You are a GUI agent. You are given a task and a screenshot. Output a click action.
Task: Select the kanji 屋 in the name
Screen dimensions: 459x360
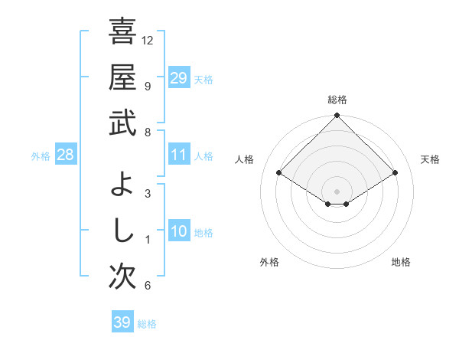pyautogui.click(x=122, y=77)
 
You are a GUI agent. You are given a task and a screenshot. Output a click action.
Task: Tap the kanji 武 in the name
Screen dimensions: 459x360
pyautogui.click(x=122, y=123)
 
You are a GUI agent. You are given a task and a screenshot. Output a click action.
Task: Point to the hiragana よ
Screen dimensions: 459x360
pyautogui.click(x=122, y=184)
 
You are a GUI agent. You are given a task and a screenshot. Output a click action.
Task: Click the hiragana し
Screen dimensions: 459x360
pyautogui.click(x=122, y=230)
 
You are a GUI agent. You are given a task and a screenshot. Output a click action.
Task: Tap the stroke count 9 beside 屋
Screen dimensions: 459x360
pyautogui.click(x=148, y=86)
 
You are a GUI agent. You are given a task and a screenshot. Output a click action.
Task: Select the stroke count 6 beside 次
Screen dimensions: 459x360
pyautogui.click(x=148, y=286)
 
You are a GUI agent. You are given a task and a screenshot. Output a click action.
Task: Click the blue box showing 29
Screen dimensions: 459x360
pyautogui.click(x=179, y=78)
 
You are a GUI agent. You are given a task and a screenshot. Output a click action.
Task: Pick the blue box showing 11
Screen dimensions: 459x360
pyautogui.click(x=179, y=155)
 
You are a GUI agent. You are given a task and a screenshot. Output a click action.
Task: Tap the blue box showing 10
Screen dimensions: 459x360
pyautogui.click(x=179, y=232)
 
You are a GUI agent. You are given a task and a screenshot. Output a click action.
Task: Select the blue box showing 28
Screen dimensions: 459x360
pyautogui.click(x=66, y=155)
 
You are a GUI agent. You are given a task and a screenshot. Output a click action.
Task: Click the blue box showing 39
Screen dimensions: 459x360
pyautogui.click(x=122, y=322)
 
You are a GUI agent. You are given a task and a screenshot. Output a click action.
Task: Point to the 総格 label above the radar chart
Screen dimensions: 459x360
pyautogui.click(x=337, y=100)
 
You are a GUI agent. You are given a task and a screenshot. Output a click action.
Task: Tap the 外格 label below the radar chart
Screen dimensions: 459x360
pyautogui.click(x=269, y=262)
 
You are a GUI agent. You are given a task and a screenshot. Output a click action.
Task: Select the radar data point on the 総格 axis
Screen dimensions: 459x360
pyautogui.click(x=337, y=116)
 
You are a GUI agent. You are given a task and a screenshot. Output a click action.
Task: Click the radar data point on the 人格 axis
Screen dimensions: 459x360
pyautogui.click(x=279, y=173)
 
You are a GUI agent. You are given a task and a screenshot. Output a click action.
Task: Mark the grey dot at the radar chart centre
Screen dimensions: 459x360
pyautogui.click(x=337, y=191)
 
